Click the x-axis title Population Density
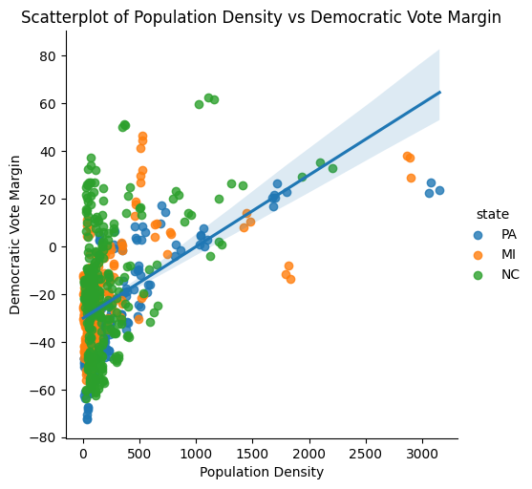click(261, 472)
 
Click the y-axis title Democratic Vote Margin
click(15, 235)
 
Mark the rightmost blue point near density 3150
click(439, 190)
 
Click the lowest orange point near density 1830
click(290, 279)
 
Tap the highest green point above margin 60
click(208, 97)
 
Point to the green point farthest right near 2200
click(332, 168)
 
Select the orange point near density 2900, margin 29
click(411, 178)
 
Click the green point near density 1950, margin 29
click(302, 177)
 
